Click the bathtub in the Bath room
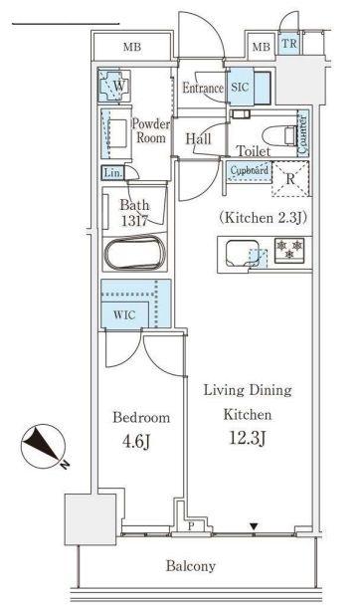135,253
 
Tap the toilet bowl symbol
278,136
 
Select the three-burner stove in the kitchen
289,250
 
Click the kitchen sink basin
243,253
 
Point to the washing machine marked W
114,86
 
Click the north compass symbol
44,447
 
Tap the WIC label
124,315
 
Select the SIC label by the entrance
240,87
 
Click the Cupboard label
250,170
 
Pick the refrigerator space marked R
290,179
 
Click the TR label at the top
289,44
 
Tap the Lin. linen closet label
112,173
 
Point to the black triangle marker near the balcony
254,526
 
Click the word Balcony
190,566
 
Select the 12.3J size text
248,438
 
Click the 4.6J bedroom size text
136,441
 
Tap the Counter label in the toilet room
303,133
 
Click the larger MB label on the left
132,47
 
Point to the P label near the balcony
191,526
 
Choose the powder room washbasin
117,133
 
